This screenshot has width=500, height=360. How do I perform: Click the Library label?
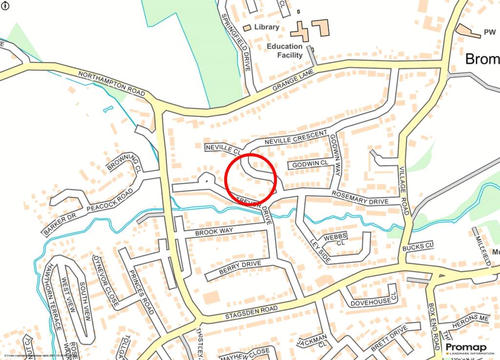(x=267, y=27)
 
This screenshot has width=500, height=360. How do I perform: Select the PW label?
(x=489, y=33)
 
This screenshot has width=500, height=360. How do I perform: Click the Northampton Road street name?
(x=112, y=84)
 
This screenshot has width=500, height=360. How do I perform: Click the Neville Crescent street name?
(x=296, y=138)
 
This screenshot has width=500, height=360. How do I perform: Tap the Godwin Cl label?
(x=310, y=164)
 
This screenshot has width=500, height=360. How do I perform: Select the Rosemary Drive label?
(x=360, y=198)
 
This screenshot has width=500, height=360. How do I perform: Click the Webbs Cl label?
(x=335, y=239)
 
